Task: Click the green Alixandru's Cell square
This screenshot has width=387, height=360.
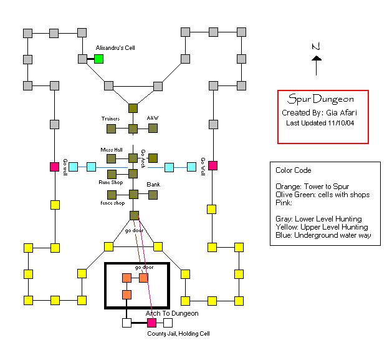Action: (98, 59)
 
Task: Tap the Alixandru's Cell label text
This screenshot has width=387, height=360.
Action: (115, 47)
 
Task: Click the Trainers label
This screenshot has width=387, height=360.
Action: (111, 118)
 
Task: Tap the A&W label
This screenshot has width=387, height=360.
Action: (153, 118)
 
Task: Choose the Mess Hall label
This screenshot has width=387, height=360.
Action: (112, 150)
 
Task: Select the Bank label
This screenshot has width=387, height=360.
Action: (153, 185)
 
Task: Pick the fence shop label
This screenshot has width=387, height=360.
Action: (112, 203)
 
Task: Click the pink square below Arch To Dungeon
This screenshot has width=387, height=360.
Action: (151, 323)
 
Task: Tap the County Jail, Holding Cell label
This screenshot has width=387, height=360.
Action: (178, 334)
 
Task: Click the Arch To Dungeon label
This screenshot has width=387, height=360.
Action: (172, 313)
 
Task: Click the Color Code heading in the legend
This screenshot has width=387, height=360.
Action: (294, 170)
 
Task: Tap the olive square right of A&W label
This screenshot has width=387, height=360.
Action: (153, 129)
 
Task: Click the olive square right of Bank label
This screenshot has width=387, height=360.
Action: (153, 195)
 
